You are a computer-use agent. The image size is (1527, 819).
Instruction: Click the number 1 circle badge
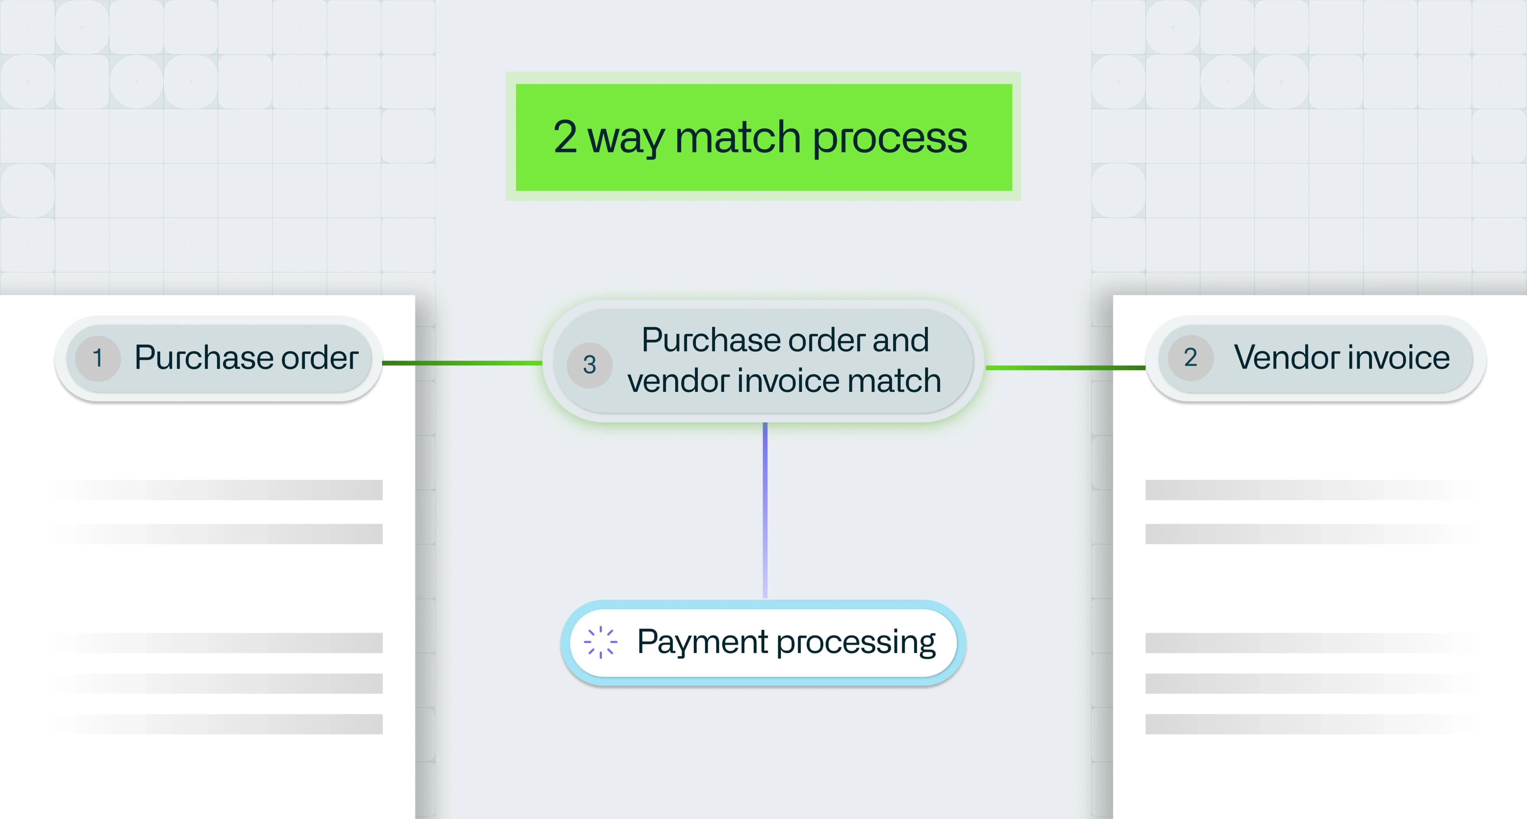pos(98,358)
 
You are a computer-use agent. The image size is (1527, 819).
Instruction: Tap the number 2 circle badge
pos(1190,358)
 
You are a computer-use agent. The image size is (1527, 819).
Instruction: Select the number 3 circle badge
pos(589,365)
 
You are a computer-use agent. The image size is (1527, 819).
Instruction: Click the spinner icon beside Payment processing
pos(600,642)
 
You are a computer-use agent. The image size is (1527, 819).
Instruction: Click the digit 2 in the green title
pos(565,137)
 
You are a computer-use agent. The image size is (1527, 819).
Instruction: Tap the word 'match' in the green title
pos(738,137)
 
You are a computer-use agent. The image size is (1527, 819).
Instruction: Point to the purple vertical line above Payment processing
pos(765,510)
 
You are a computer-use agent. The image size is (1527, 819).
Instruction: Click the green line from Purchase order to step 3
pos(462,363)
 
